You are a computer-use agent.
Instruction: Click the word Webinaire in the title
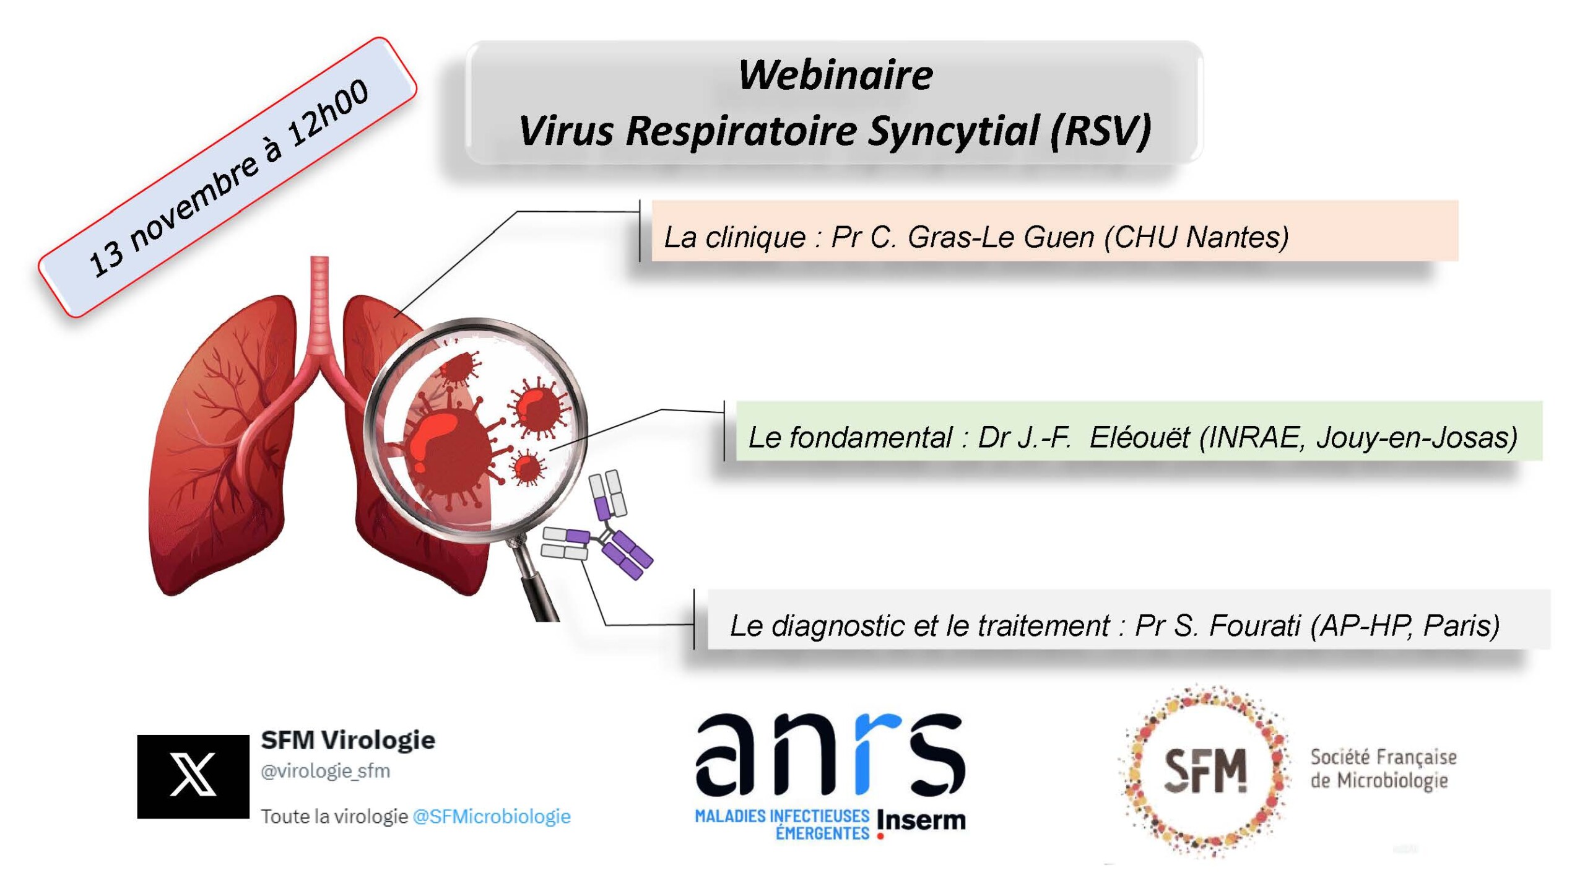pyautogui.click(x=835, y=75)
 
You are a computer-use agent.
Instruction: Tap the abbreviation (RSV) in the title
pyautogui.click(x=1100, y=131)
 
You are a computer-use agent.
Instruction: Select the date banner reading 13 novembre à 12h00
pyautogui.click(x=227, y=177)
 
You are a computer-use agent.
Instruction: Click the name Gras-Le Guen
pyautogui.click(x=1001, y=237)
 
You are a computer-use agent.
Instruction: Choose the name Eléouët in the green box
pyautogui.click(x=1139, y=438)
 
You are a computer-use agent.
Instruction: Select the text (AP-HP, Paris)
pyautogui.click(x=1405, y=625)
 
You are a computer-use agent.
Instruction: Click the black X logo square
pyautogui.click(x=193, y=776)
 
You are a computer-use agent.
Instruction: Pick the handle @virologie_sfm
pyautogui.click(x=326, y=771)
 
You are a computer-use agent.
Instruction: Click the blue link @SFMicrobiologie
pyautogui.click(x=492, y=816)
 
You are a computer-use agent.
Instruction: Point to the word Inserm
pyautogui.click(x=921, y=821)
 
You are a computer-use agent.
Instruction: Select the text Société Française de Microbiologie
pyautogui.click(x=1383, y=768)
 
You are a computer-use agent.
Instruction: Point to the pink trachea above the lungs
pyautogui.click(x=319, y=303)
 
